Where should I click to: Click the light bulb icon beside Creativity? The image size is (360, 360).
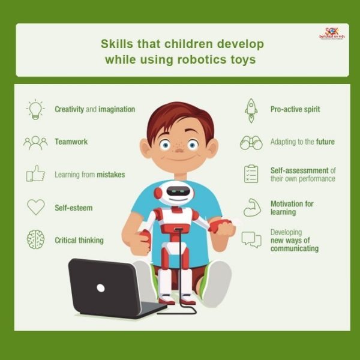35,109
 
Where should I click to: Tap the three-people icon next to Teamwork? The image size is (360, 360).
35,142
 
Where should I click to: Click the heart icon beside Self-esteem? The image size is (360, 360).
35,207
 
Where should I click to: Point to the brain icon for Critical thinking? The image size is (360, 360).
35,240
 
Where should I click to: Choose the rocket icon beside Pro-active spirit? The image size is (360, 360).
251,109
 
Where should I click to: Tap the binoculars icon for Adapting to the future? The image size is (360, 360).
251,142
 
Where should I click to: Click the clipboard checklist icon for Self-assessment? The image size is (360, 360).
251,174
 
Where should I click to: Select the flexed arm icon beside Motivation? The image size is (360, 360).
251,208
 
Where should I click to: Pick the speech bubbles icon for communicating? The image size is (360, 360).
251,240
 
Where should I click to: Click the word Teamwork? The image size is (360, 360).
71,142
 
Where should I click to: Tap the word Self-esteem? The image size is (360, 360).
73,208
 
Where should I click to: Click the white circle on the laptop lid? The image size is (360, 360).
100,287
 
